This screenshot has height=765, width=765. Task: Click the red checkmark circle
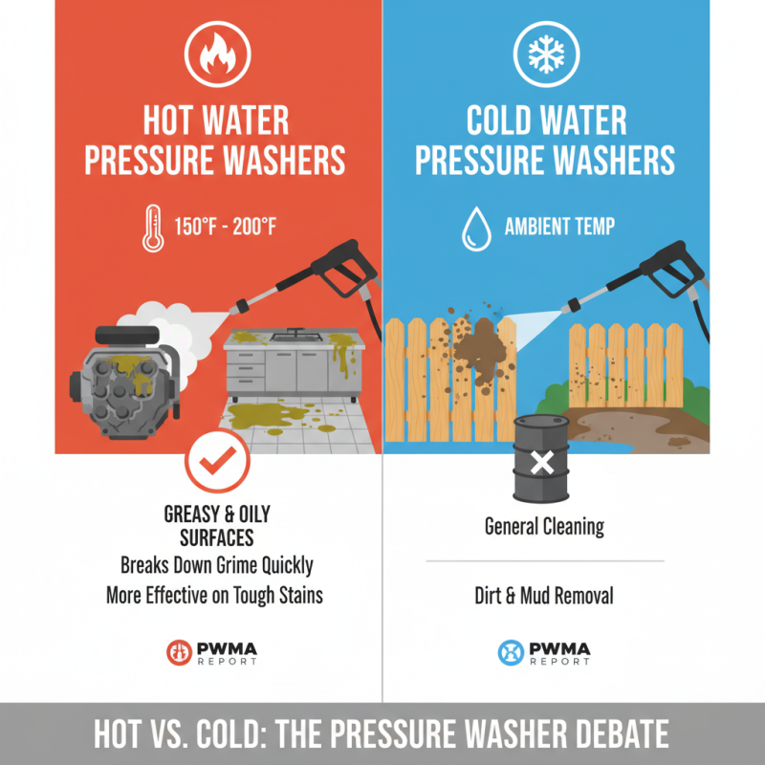tap(216, 462)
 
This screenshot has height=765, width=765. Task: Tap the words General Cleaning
tap(544, 526)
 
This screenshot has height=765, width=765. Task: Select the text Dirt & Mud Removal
tap(544, 597)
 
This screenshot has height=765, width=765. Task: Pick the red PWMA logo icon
tap(179, 652)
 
